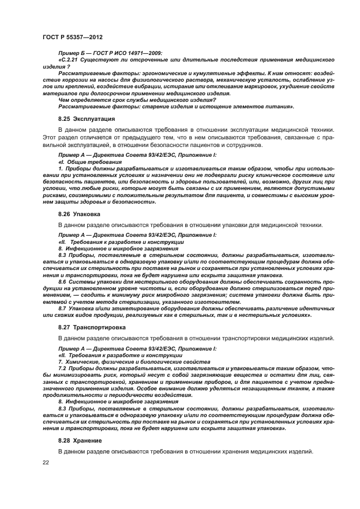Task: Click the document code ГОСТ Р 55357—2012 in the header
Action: (72, 36)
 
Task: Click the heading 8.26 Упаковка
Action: (80, 214)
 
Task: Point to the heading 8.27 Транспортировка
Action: (92, 327)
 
